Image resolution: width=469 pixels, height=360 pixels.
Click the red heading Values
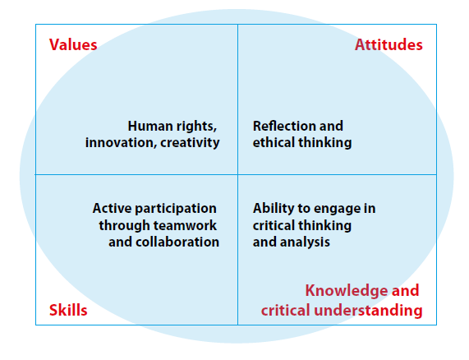tap(73, 45)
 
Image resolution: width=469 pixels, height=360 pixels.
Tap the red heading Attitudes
tap(389, 45)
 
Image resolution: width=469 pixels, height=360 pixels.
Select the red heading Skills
tap(68, 310)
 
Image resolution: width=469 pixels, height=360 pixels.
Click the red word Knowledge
tap(347, 291)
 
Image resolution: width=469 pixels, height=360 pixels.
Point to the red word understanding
tap(368, 311)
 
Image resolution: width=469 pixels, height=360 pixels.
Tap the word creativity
tap(190, 143)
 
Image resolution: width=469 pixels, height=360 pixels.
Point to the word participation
tap(176, 209)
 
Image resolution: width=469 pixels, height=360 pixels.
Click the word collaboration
tap(177, 242)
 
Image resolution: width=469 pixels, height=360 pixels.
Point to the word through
tap(123, 226)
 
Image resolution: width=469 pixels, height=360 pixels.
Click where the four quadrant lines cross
tap(238, 174)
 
